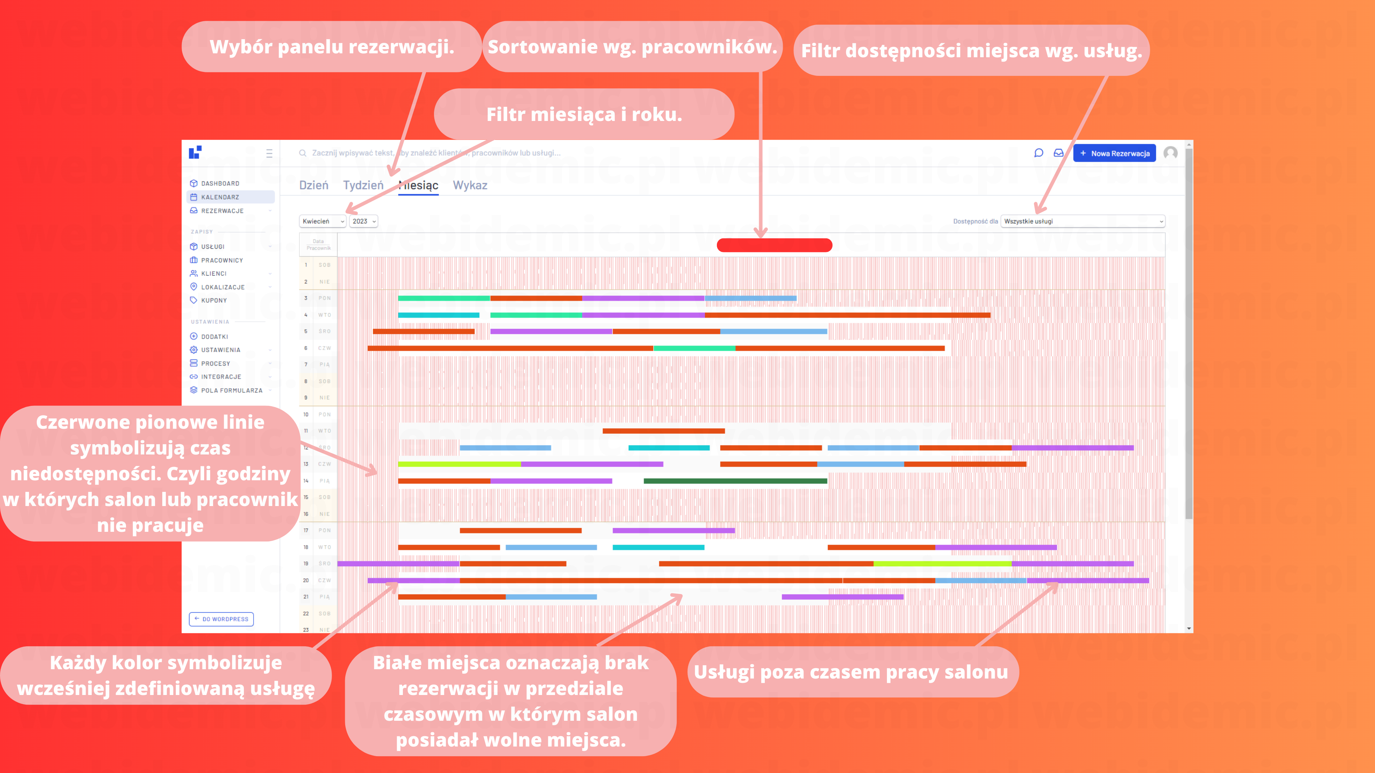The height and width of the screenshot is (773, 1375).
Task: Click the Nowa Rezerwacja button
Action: coord(1115,153)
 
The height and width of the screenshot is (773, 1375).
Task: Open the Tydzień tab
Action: coord(363,185)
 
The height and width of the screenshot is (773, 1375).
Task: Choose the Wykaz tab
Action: coord(470,185)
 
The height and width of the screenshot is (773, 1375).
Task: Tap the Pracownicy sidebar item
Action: coord(222,260)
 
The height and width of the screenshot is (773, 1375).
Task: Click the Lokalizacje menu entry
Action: coord(223,287)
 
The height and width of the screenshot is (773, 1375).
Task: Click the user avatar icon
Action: coord(1171,153)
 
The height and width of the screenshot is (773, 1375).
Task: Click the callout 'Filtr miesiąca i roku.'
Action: coord(584,114)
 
